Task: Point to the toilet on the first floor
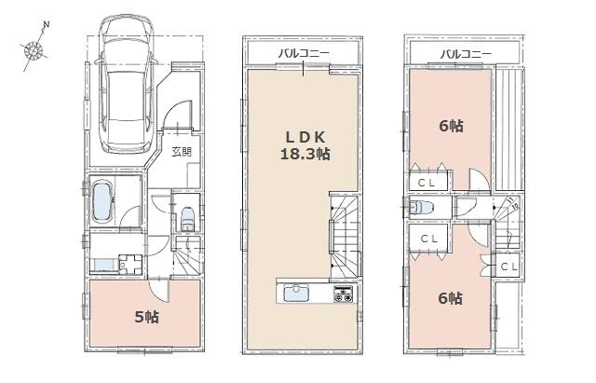(x=186, y=217)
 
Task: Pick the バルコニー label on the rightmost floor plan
(x=466, y=54)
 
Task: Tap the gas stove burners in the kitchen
(x=342, y=295)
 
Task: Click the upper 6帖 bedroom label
(x=451, y=126)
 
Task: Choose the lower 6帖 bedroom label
(x=451, y=298)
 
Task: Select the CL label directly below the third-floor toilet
(x=428, y=239)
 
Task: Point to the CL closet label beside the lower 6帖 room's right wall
(x=508, y=267)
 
